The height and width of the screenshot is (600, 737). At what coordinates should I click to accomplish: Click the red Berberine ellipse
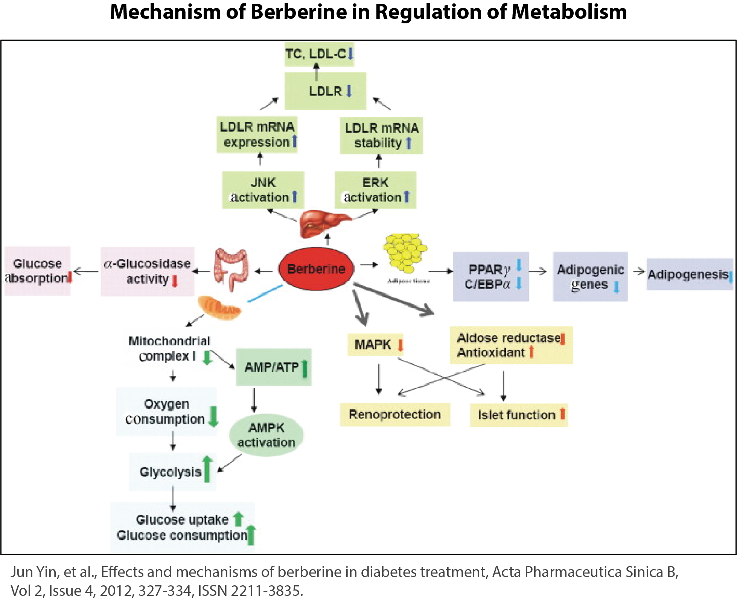pyautogui.click(x=316, y=269)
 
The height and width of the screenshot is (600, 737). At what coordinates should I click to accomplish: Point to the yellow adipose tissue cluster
pyautogui.click(x=405, y=252)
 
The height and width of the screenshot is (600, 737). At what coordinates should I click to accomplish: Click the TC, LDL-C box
pyautogui.click(x=319, y=54)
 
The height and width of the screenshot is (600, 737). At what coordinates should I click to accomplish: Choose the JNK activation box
pyautogui.click(x=263, y=190)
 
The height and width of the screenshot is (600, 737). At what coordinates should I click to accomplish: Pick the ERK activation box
pyautogui.click(x=376, y=190)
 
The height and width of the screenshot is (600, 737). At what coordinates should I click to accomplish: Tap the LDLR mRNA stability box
pyautogui.click(x=381, y=136)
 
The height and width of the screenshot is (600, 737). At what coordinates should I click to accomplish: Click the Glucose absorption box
pyautogui.click(x=37, y=271)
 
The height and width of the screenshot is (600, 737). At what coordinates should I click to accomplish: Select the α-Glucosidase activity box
pyautogui.click(x=148, y=271)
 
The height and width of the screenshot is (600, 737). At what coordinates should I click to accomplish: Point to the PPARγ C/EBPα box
pyautogui.click(x=490, y=277)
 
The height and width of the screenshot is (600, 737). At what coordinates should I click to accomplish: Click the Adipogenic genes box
pyautogui.click(x=590, y=277)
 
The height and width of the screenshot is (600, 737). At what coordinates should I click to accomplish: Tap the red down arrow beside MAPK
pyautogui.click(x=400, y=345)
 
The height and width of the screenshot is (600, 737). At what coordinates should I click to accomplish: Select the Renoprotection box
pyautogui.click(x=395, y=415)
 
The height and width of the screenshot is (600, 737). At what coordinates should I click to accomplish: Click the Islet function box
pyautogui.click(x=519, y=415)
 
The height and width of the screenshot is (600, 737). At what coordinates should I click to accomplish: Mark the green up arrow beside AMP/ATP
pyautogui.click(x=305, y=368)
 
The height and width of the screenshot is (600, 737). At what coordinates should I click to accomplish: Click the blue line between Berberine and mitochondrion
pyautogui.click(x=265, y=293)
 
